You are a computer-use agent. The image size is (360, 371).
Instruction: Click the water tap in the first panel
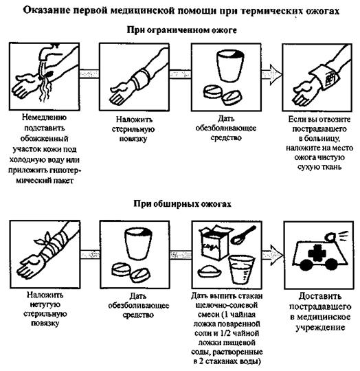(49, 52)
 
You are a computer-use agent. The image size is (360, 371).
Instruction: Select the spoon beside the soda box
(243, 235)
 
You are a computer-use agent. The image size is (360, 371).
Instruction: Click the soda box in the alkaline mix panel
(214, 243)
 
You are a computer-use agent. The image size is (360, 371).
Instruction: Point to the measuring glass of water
(241, 270)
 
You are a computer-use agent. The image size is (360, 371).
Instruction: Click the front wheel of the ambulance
(306, 265)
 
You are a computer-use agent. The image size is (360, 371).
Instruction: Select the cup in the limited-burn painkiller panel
(230, 66)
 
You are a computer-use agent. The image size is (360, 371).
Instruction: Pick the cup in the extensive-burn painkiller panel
(138, 244)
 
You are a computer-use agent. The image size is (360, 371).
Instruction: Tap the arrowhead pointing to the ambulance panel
(277, 255)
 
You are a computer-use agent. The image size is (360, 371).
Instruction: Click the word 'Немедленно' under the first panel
(44, 117)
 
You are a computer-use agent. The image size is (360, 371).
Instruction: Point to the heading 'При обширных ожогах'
(182, 204)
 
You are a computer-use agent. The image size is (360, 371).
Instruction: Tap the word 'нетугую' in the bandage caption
(45, 304)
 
